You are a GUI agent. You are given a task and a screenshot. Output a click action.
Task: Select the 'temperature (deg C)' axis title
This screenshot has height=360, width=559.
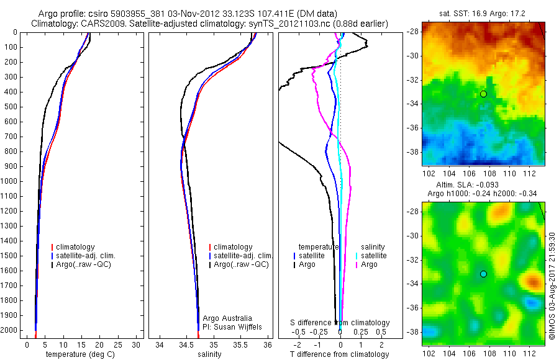point(80,354)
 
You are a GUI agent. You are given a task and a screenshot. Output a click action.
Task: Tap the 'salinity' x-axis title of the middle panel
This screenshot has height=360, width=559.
point(209,354)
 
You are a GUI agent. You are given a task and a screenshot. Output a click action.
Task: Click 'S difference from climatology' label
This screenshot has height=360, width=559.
point(340,323)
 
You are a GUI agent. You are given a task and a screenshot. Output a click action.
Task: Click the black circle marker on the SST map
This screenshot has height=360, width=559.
point(483,94)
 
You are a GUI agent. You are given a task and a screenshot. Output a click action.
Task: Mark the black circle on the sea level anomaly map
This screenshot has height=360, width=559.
point(483,274)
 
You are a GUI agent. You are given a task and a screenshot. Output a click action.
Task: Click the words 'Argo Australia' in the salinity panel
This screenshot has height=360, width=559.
point(227,318)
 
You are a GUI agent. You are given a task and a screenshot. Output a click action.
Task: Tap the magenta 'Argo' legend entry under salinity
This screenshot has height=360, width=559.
point(369,264)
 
